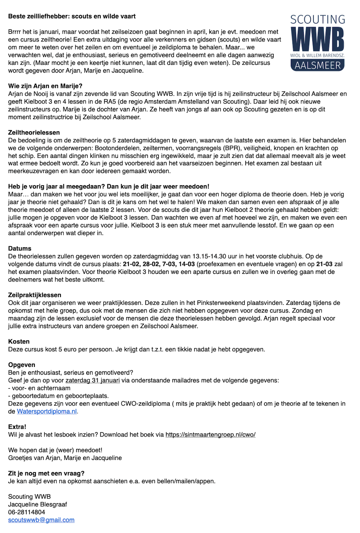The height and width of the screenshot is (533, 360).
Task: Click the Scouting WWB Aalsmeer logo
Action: (x=317, y=43)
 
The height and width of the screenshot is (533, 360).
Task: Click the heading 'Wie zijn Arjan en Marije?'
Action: (x=45, y=86)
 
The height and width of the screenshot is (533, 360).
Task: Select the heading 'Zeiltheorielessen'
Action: (x=34, y=133)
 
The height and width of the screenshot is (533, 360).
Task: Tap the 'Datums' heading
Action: (x=20, y=249)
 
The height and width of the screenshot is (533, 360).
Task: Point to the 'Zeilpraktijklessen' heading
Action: (x=35, y=295)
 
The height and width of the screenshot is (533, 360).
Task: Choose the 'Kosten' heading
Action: (x=19, y=342)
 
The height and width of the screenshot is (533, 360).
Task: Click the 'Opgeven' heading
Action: (x=21, y=365)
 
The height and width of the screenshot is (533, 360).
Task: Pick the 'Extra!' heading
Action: (x=17, y=427)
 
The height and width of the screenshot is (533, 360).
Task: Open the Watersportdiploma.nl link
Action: (x=47, y=411)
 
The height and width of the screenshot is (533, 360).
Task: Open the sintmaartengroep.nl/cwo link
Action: (x=210, y=435)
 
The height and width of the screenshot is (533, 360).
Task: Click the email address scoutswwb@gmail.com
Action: (x=41, y=520)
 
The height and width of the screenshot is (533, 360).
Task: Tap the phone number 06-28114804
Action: (x=27, y=512)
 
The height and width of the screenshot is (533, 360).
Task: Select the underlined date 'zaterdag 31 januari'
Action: (x=93, y=381)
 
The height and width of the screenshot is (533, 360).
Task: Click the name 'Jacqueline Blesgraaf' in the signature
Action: (x=37, y=504)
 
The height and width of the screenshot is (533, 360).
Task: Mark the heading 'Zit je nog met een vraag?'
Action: (x=46, y=473)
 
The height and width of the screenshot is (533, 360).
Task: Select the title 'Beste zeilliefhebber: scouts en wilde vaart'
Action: (x=72, y=16)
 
